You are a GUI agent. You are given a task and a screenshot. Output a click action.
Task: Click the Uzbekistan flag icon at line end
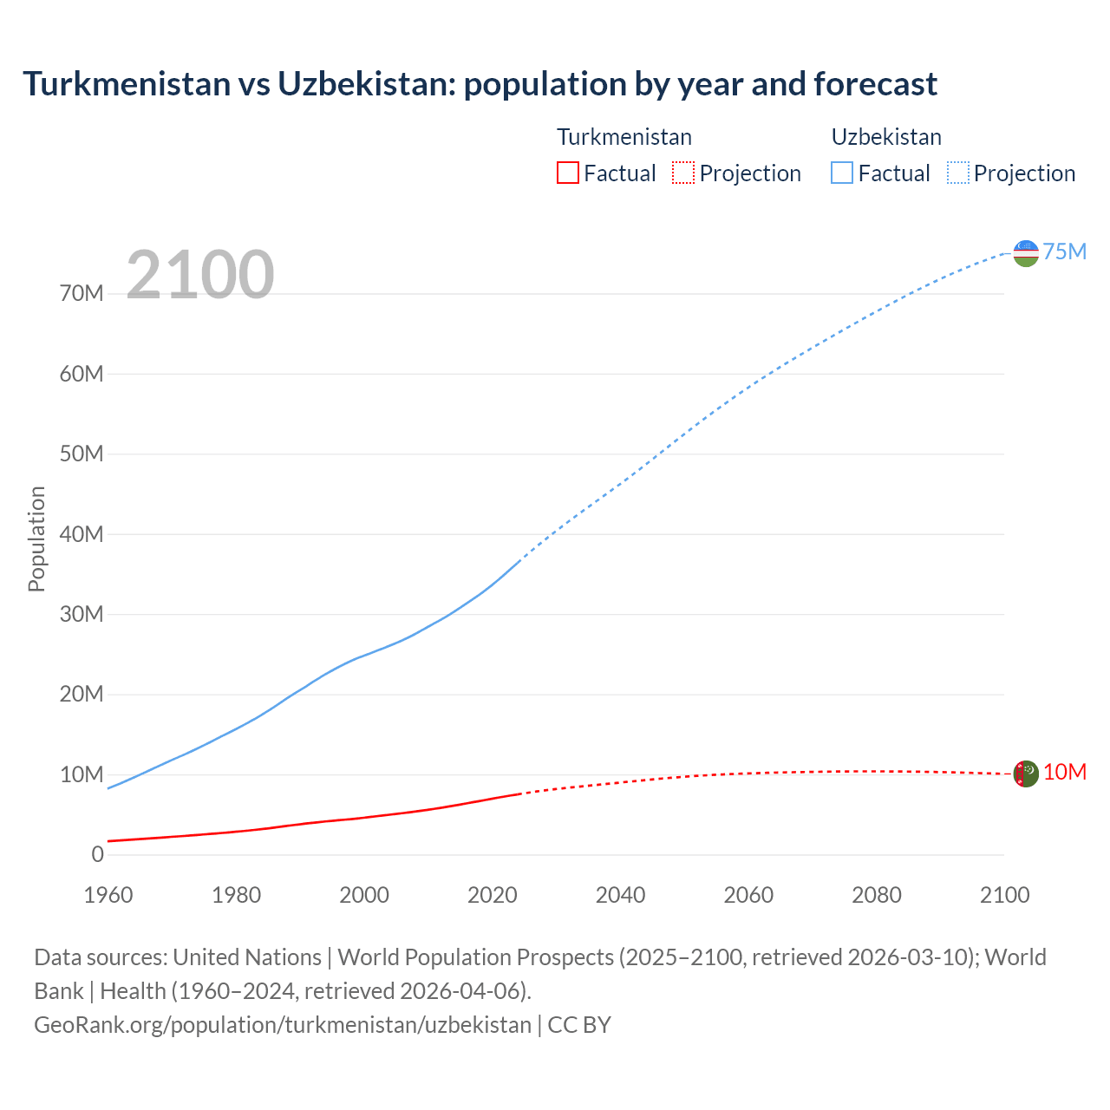(x=1026, y=252)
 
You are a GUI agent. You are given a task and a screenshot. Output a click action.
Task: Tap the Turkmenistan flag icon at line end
(x=1026, y=774)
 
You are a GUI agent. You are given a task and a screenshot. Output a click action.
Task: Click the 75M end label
(x=1065, y=251)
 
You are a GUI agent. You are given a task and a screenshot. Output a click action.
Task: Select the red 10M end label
(x=1065, y=773)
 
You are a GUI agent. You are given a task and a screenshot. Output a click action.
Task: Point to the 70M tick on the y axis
(x=82, y=294)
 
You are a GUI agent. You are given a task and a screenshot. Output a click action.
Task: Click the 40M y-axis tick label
(x=82, y=534)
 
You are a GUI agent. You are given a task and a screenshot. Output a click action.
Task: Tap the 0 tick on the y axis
(x=97, y=855)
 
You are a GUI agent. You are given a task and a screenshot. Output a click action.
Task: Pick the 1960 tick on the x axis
(x=108, y=895)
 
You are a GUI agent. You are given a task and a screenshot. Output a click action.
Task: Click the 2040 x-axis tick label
(x=620, y=895)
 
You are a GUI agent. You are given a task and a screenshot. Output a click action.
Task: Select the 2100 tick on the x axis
(x=1004, y=895)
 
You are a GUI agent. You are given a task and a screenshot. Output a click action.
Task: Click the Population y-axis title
(x=36, y=539)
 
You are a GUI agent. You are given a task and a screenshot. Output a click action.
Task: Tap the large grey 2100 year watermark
(x=200, y=275)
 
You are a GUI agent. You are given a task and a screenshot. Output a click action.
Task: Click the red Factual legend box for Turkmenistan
(x=567, y=173)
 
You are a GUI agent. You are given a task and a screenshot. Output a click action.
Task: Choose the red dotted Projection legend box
(x=683, y=173)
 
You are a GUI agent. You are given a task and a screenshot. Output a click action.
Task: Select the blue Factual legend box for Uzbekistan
(x=842, y=173)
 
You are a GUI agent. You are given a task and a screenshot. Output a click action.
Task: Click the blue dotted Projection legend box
(x=958, y=173)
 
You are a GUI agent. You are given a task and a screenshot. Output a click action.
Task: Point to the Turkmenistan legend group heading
(x=624, y=137)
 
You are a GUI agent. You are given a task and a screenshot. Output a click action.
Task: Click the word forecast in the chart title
(x=876, y=84)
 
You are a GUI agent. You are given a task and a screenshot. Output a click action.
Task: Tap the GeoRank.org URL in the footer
(x=283, y=1025)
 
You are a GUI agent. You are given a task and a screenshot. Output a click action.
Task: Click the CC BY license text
(x=579, y=1025)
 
